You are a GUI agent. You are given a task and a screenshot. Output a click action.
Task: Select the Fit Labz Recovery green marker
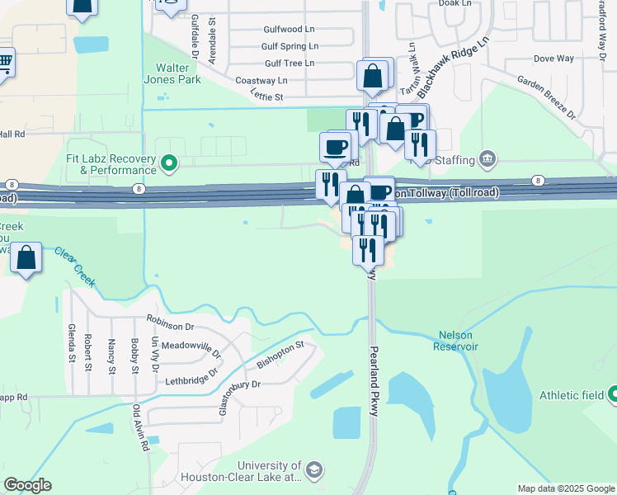pyautogui.click(x=169, y=163)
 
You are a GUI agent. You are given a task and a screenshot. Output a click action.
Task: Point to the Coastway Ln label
pyautogui.click(x=261, y=80)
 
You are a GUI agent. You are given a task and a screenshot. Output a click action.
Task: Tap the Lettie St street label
pyautogui.click(x=266, y=97)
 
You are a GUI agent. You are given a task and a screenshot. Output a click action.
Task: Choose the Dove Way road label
pyautogui.click(x=553, y=59)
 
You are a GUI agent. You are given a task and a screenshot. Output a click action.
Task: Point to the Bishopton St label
pyautogui.click(x=280, y=355)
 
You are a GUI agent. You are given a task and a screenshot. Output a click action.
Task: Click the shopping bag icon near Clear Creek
pyautogui.click(x=26, y=257)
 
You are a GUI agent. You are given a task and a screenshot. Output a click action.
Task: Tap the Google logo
pyautogui.click(x=27, y=485)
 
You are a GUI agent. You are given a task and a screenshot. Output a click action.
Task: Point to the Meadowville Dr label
pyautogui.click(x=191, y=349)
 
